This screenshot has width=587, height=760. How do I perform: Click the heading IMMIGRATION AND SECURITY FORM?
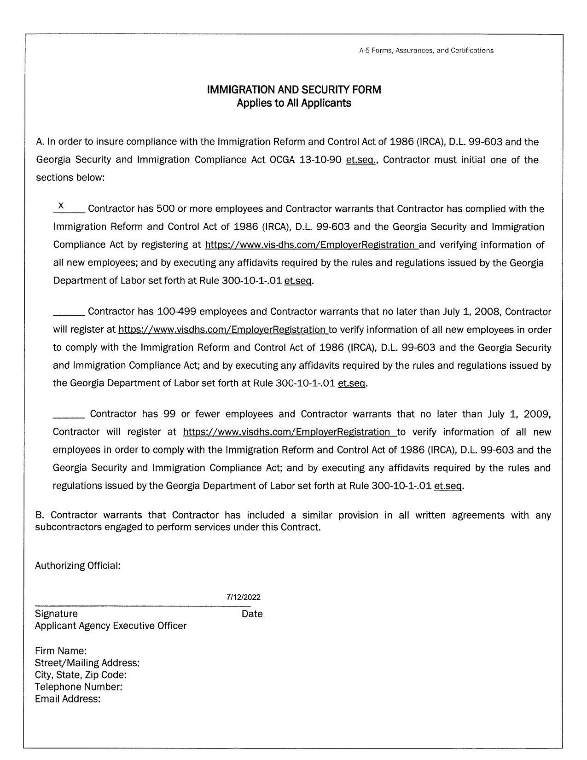point(294,90)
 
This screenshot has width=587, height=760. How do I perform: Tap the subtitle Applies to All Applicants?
point(294,103)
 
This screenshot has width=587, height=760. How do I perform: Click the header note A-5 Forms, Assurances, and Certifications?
point(426,51)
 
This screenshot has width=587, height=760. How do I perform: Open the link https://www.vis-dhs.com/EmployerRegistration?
point(311,245)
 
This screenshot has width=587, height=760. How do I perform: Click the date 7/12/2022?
point(243,598)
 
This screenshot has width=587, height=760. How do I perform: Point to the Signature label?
point(56,614)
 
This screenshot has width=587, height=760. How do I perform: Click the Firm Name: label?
point(61,651)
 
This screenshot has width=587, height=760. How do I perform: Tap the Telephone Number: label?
point(79,687)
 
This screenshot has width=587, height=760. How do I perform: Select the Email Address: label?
point(68,699)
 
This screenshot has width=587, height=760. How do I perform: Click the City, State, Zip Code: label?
point(81,675)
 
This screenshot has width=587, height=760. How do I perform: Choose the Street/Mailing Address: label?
point(87,663)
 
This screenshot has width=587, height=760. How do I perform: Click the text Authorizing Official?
point(78,566)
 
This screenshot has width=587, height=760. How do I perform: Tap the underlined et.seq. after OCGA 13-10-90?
point(361,160)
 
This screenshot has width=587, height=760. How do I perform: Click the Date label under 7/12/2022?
point(252,614)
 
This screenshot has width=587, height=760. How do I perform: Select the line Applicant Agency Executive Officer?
point(110,626)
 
